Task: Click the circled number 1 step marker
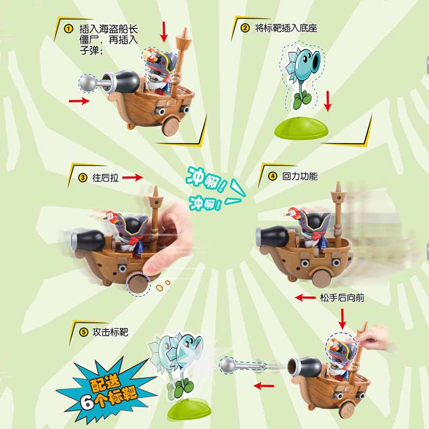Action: [68, 29]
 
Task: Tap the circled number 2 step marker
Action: [245, 28]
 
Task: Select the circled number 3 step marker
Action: [83, 177]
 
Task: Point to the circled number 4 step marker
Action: [271, 176]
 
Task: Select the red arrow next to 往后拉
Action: [133, 177]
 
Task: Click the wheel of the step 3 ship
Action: [138, 285]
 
